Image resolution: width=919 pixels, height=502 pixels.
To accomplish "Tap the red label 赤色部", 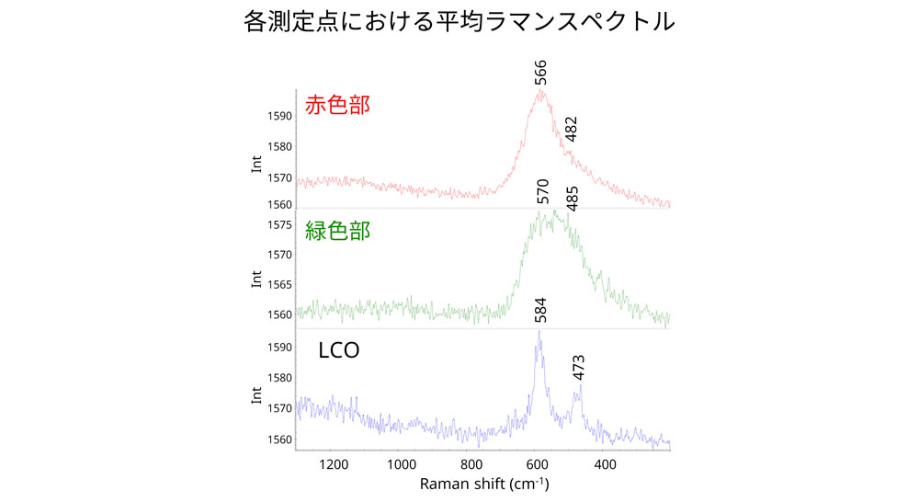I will [x=337, y=105].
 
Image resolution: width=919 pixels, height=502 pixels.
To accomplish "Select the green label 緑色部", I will [x=337, y=231].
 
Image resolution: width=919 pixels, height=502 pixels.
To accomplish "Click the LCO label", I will [x=337, y=350].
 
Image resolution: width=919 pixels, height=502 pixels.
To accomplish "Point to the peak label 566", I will [x=541, y=74].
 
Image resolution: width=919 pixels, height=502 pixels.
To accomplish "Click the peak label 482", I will [x=571, y=131].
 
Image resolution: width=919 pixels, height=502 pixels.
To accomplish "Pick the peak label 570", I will [x=542, y=193].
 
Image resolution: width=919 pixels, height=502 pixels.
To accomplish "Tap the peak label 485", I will [x=572, y=196].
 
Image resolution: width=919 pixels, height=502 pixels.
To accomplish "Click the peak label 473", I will [x=577, y=368].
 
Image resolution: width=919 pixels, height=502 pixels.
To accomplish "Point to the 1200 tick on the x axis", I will [x=333, y=463].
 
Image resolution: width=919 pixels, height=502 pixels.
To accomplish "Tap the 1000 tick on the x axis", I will [x=403, y=463].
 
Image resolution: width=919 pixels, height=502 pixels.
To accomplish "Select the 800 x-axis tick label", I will [x=471, y=463].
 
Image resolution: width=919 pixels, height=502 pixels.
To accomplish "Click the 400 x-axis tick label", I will [x=606, y=463].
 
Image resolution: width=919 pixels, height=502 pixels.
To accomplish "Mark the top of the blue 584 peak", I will [x=539, y=331].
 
